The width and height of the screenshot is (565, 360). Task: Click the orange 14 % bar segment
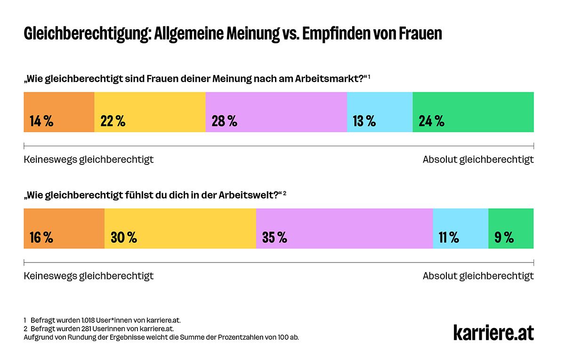tap(59, 112)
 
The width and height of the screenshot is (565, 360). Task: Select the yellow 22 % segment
tap(150, 112)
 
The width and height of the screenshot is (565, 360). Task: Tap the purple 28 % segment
tap(276, 112)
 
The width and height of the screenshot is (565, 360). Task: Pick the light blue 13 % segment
tap(379, 112)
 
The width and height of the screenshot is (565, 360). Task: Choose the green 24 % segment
tap(473, 112)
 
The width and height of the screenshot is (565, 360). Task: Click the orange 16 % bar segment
tap(64, 229)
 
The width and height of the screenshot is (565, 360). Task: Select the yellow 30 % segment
tap(180, 229)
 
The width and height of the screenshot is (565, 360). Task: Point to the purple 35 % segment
tap(344, 229)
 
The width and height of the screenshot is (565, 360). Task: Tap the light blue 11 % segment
tap(460, 229)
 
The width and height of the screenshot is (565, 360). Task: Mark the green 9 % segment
tap(511, 229)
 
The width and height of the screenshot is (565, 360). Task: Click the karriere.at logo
tap(493, 332)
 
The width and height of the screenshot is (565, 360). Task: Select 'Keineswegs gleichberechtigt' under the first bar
tap(89, 160)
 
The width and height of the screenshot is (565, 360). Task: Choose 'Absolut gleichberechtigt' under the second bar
tap(478, 276)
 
